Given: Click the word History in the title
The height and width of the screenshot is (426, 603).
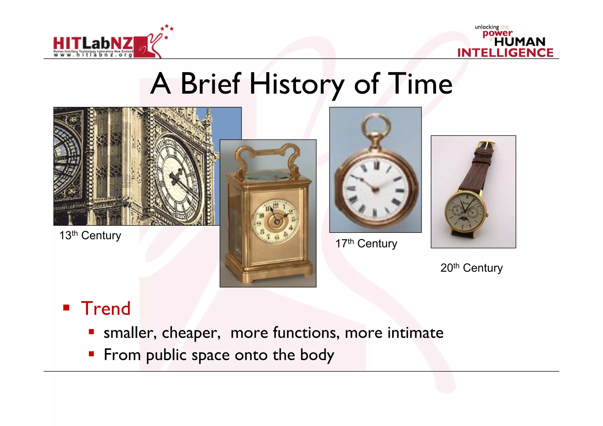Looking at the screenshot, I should point(296,84).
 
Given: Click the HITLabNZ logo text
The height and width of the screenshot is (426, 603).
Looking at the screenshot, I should point(93,44).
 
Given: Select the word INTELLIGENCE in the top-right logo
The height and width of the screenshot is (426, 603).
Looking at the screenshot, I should point(505,53).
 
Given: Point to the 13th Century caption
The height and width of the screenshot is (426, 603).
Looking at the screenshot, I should point(90,236).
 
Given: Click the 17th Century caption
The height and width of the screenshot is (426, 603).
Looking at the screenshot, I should point(366,243).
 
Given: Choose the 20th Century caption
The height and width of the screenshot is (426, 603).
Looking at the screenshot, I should point(471,268).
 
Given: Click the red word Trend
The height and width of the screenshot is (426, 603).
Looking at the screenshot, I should point(106,309).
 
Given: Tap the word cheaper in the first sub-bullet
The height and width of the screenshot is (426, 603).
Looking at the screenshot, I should point(191,333).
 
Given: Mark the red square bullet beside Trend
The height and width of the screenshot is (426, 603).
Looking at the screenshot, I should point(66,308).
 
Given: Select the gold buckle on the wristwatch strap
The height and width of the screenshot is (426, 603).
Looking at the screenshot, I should point(487,145).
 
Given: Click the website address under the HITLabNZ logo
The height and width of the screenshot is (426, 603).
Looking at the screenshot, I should point(93,55).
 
